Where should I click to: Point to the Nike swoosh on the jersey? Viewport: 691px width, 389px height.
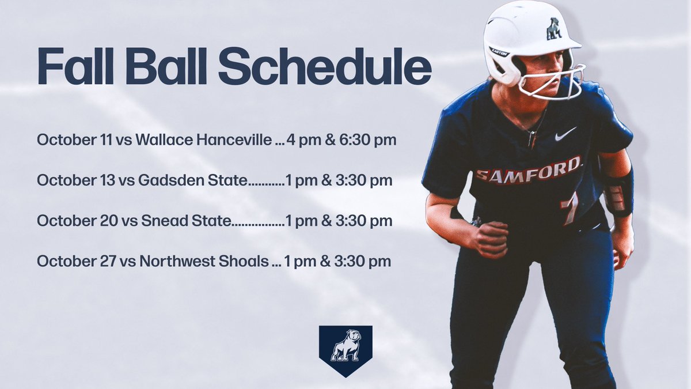point(565,134)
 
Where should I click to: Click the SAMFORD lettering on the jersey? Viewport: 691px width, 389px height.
point(528,169)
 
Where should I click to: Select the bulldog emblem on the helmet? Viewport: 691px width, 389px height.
point(554,29)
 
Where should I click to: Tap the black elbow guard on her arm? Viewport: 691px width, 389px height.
point(618,193)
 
